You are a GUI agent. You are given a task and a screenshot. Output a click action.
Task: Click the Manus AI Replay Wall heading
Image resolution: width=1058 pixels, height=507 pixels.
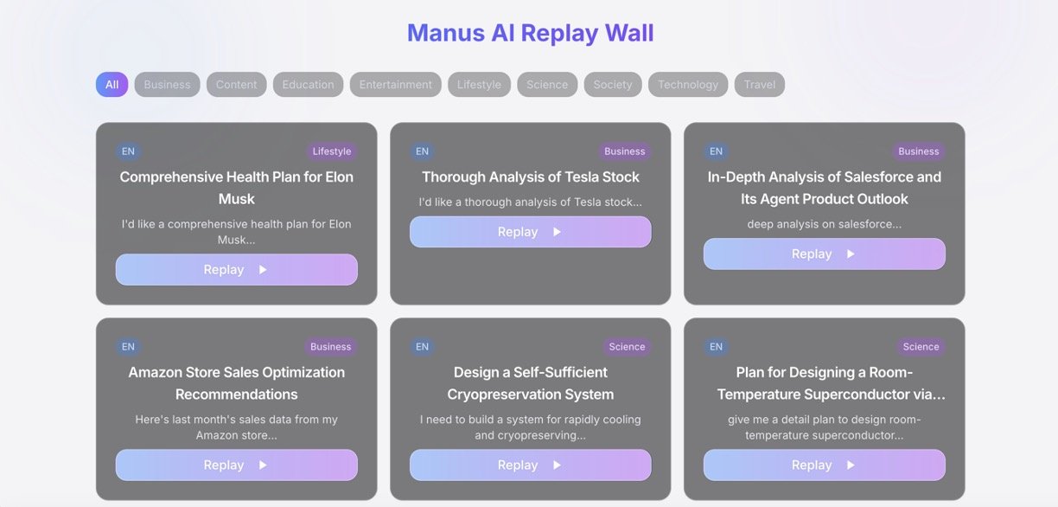click(x=530, y=33)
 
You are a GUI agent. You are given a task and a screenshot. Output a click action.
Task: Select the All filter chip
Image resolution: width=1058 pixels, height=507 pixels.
click(x=112, y=85)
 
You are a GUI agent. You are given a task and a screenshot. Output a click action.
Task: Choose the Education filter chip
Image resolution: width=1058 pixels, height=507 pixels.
click(x=308, y=85)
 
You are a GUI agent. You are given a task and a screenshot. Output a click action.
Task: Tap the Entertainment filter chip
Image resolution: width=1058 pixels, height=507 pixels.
click(x=395, y=85)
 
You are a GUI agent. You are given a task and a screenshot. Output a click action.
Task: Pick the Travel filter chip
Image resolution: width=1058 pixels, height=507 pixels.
click(x=759, y=85)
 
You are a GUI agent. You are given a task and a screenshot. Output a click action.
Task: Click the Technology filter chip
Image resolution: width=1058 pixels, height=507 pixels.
click(x=687, y=85)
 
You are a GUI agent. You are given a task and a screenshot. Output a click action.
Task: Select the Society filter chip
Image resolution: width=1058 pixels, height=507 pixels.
click(x=612, y=85)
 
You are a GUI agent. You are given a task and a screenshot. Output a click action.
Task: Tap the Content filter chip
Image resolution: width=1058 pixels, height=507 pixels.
click(x=236, y=85)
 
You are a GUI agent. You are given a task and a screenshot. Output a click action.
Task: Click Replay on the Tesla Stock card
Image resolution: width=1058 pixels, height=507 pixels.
click(x=530, y=232)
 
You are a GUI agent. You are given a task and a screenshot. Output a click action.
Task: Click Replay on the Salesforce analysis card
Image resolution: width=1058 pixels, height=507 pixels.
click(x=824, y=254)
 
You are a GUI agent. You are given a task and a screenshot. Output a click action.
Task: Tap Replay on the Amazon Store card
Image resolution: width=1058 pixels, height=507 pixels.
click(x=236, y=465)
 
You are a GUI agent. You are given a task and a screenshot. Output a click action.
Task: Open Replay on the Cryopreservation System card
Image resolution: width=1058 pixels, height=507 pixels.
click(x=530, y=465)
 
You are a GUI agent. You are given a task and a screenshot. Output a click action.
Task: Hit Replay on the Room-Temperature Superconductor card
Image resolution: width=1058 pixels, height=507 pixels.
click(x=824, y=465)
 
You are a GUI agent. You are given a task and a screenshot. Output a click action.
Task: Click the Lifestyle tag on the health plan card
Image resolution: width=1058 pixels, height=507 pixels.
click(x=331, y=151)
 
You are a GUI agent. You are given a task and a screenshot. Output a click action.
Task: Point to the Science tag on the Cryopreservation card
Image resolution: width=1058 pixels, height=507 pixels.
click(x=626, y=347)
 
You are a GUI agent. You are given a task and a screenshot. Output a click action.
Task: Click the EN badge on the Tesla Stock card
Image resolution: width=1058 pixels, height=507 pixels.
click(x=422, y=151)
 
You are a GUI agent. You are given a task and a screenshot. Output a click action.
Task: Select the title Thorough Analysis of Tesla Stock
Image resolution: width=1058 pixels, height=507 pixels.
click(x=530, y=177)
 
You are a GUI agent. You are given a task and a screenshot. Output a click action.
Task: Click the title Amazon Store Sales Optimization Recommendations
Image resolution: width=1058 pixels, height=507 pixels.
click(x=236, y=383)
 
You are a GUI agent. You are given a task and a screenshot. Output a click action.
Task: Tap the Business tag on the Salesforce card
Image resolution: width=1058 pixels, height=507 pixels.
click(x=918, y=151)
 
